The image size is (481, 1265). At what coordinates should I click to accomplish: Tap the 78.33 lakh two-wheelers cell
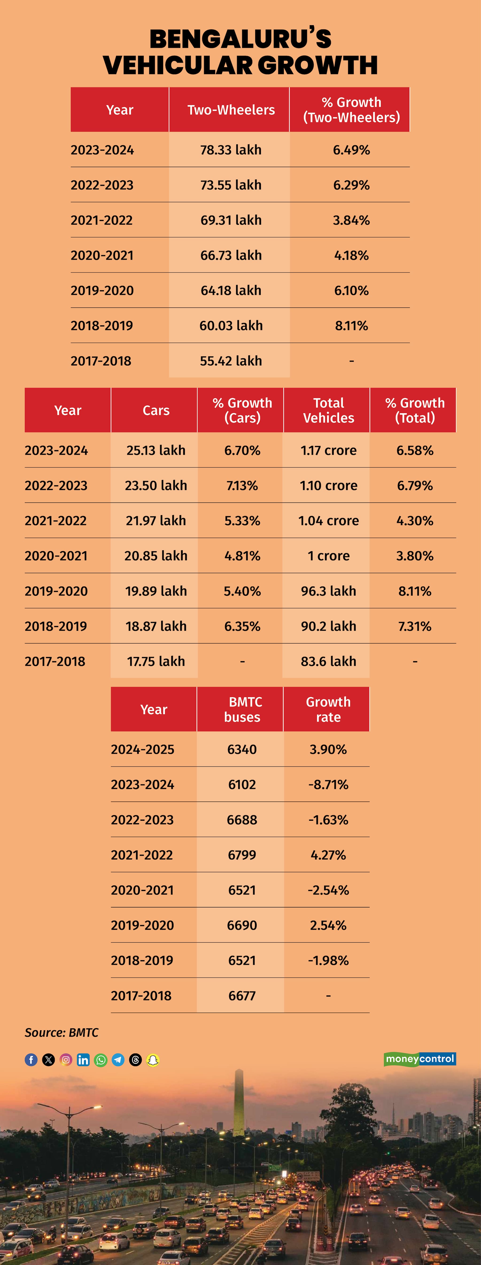pyautogui.click(x=231, y=150)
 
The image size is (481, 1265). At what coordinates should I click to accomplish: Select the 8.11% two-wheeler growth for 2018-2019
pyautogui.click(x=351, y=326)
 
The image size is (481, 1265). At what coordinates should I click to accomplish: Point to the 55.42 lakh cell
pyautogui.click(x=231, y=361)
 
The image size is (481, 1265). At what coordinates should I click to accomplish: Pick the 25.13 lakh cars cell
pyautogui.click(x=155, y=450)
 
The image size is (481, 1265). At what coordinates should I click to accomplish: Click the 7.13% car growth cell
pyautogui.click(x=242, y=486)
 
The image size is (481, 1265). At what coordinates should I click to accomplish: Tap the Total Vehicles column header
pyautogui.click(x=328, y=410)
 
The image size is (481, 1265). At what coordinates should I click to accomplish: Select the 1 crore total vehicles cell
pyautogui.click(x=328, y=556)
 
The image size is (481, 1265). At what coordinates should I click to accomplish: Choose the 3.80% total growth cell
pyautogui.click(x=415, y=556)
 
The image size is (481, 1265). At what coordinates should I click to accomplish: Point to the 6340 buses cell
pyautogui.click(x=242, y=749)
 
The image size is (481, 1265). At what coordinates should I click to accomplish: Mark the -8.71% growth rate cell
pyautogui.click(x=328, y=785)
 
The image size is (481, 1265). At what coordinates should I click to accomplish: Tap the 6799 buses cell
pyautogui.click(x=242, y=855)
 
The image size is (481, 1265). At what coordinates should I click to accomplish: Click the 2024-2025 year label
pyautogui.click(x=142, y=749)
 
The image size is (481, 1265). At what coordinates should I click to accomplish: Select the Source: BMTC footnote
pyautogui.click(x=61, y=1033)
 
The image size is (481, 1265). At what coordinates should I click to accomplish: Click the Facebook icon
pyautogui.click(x=31, y=1060)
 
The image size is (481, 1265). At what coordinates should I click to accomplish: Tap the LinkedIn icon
pyautogui.click(x=83, y=1060)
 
